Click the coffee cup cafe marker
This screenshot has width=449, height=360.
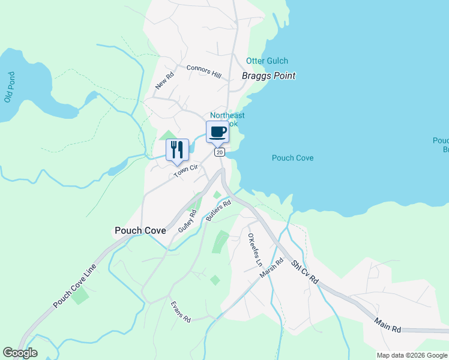coord(217,131)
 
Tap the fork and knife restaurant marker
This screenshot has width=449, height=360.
coord(177,149)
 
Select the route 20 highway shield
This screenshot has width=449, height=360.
coord(220,152)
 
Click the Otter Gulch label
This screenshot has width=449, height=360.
coord(267,61)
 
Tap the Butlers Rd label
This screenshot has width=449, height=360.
coord(218,211)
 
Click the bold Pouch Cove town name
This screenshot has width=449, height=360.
coord(140,230)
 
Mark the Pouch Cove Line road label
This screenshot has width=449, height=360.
coord(74,286)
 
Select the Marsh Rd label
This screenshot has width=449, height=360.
coord(271,268)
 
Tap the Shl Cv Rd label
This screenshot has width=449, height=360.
coord(304,273)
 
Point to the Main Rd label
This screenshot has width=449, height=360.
coord(388,326)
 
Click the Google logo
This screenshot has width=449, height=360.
coord(20,353)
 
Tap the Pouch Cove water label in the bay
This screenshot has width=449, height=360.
coord(293,158)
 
